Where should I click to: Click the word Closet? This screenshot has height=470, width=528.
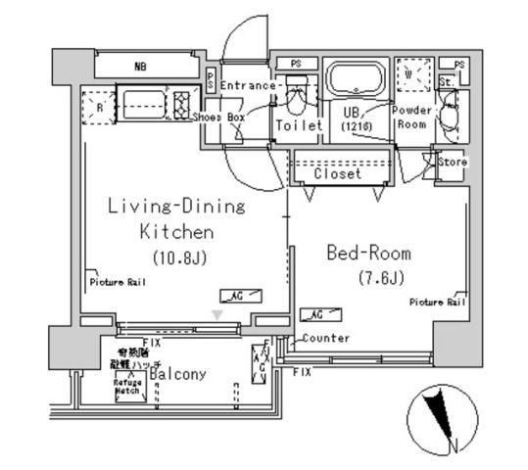(338, 173)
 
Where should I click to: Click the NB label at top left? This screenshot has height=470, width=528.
(142, 68)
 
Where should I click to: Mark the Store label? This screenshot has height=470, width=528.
(452, 162)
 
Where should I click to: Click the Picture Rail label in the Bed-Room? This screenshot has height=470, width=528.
(437, 303)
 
